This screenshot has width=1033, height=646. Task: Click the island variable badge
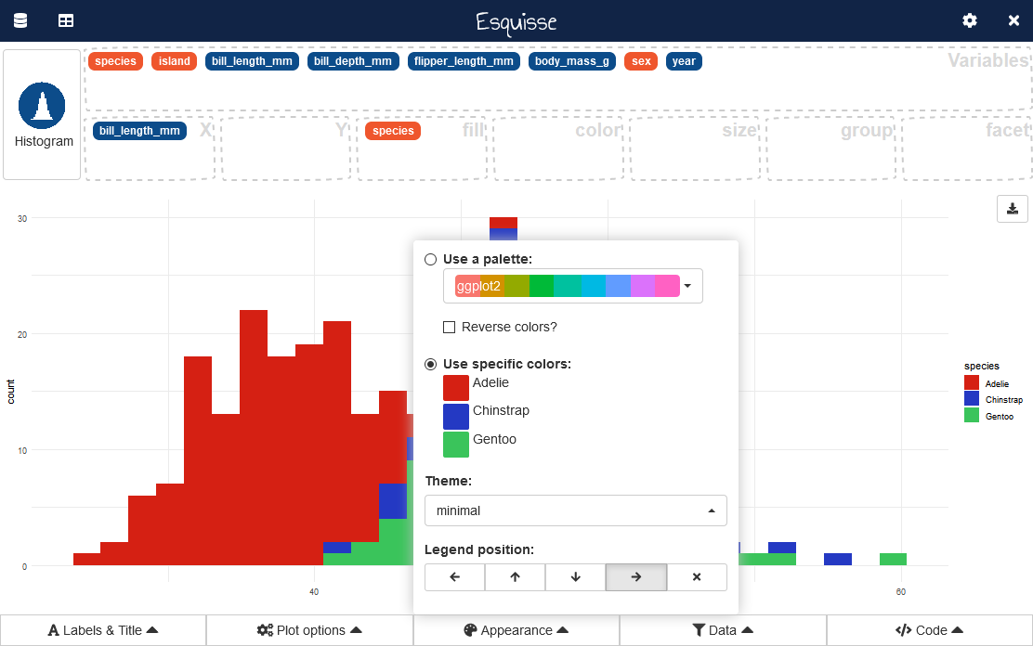point(174,61)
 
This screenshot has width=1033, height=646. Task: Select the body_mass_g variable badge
point(572,61)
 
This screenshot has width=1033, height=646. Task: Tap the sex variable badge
point(641,61)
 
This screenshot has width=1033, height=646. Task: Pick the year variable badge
point(684,61)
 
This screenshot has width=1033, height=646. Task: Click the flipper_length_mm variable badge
point(464,61)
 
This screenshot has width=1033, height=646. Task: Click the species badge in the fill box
point(393,131)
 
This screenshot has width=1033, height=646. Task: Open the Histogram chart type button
point(42,115)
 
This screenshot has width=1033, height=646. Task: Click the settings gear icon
point(970,20)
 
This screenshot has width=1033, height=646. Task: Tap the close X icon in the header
point(1013,20)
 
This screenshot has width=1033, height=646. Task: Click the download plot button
point(1013,208)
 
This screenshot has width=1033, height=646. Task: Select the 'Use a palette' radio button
point(431,259)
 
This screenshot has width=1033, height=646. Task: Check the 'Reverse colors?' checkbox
point(450,327)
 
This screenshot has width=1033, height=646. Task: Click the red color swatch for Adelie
point(456,387)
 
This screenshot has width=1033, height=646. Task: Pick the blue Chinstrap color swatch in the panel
point(456,416)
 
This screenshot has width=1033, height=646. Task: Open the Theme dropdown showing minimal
point(575,510)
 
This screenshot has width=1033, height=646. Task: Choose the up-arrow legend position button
point(515,576)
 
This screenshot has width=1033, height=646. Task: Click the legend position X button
point(697,576)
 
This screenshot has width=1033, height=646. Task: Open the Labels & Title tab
point(103,630)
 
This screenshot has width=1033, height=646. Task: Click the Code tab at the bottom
point(929,630)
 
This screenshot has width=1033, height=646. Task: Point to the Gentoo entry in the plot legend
point(995,417)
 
